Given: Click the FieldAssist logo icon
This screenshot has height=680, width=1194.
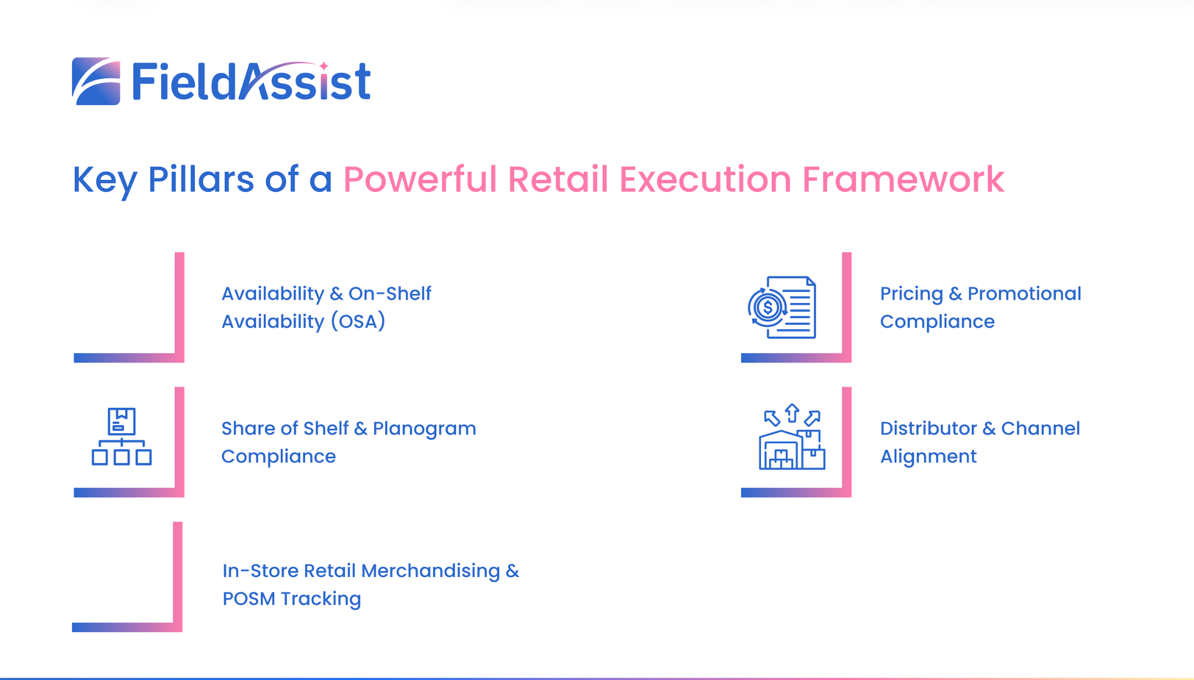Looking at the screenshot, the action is click(96, 81).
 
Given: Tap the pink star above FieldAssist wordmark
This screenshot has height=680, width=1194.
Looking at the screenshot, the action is click(324, 66).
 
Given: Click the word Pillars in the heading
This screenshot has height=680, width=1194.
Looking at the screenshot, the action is click(201, 179).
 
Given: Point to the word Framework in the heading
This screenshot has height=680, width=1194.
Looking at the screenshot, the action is click(903, 179).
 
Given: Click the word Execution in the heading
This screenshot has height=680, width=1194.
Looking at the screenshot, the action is click(705, 179).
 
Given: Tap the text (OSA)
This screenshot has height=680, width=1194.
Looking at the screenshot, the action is click(358, 322).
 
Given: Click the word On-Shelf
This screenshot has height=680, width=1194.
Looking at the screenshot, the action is click(389, 293).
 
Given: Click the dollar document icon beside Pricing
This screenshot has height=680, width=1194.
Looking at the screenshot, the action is click(782, 307).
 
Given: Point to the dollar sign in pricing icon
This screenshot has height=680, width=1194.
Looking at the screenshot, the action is click(767, 307).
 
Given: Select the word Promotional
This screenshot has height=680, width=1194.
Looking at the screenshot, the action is click(1024, 293).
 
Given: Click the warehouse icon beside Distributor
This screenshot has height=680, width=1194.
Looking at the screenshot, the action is click(792, 436).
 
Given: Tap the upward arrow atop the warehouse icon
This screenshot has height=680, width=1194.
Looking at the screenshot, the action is click(792, 413).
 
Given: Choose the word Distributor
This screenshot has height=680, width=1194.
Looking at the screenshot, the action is click(929, 428).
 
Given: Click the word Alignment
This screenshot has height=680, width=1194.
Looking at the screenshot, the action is click(928, 457).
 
